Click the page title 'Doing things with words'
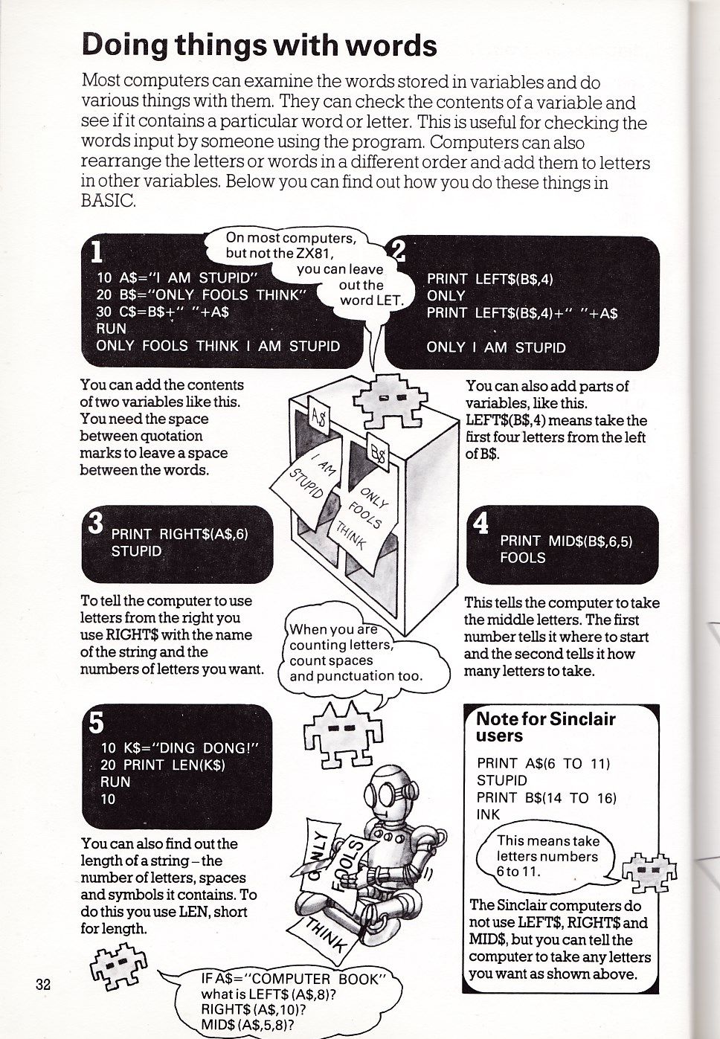pos(259,45)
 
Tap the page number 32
pos(42,984)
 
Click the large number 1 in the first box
pos(96,254)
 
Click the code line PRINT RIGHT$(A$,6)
pos(179,534)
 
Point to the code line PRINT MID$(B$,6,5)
pos(566,541)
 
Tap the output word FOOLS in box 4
pos(523,558)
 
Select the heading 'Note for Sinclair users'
pos(546,727)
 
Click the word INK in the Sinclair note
pos(488,814)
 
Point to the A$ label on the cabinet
pos(318,418)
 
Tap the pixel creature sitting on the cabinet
pos(386,398)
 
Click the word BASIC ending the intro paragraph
pos(109,202)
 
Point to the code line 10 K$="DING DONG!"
pos(178,747)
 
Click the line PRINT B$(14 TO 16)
pos(547,797)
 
